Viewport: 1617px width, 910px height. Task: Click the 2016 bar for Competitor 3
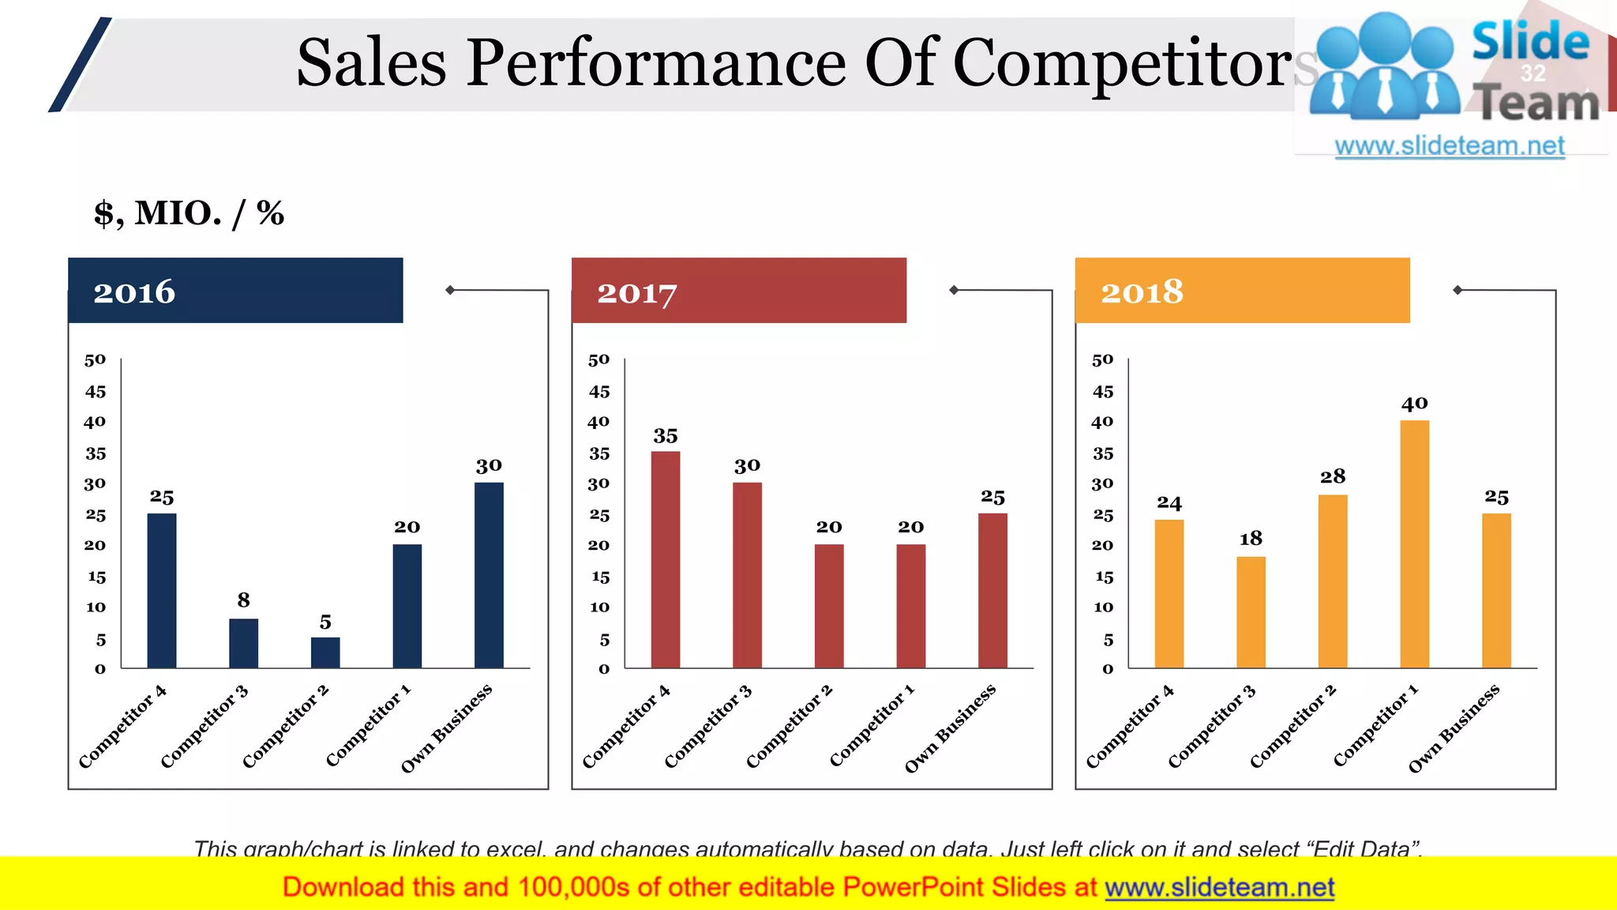click(243, 643)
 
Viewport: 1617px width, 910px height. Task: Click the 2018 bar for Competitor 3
click(1251, 612)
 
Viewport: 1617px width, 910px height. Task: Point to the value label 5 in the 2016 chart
click(325, 622)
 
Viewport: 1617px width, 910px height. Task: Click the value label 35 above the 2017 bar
click(665, 436)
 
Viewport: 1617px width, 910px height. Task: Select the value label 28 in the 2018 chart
click(1332, 476)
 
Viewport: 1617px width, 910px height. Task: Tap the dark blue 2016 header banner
click(235, 291)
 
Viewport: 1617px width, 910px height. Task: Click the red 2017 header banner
click(738, 291)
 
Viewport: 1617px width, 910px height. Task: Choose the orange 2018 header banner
click(1242, 291)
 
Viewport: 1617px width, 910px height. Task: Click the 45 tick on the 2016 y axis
click(96, 392)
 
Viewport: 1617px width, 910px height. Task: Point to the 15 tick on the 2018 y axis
click(1104, 577)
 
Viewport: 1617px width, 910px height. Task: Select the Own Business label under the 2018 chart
click(1454, 728)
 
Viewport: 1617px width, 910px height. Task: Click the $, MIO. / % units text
click(189, 213)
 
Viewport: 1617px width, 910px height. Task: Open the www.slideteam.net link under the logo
click(1449, 145)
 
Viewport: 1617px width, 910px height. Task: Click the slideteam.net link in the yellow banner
click(1219, 887)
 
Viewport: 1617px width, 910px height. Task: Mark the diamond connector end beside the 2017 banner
click(954, 290)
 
